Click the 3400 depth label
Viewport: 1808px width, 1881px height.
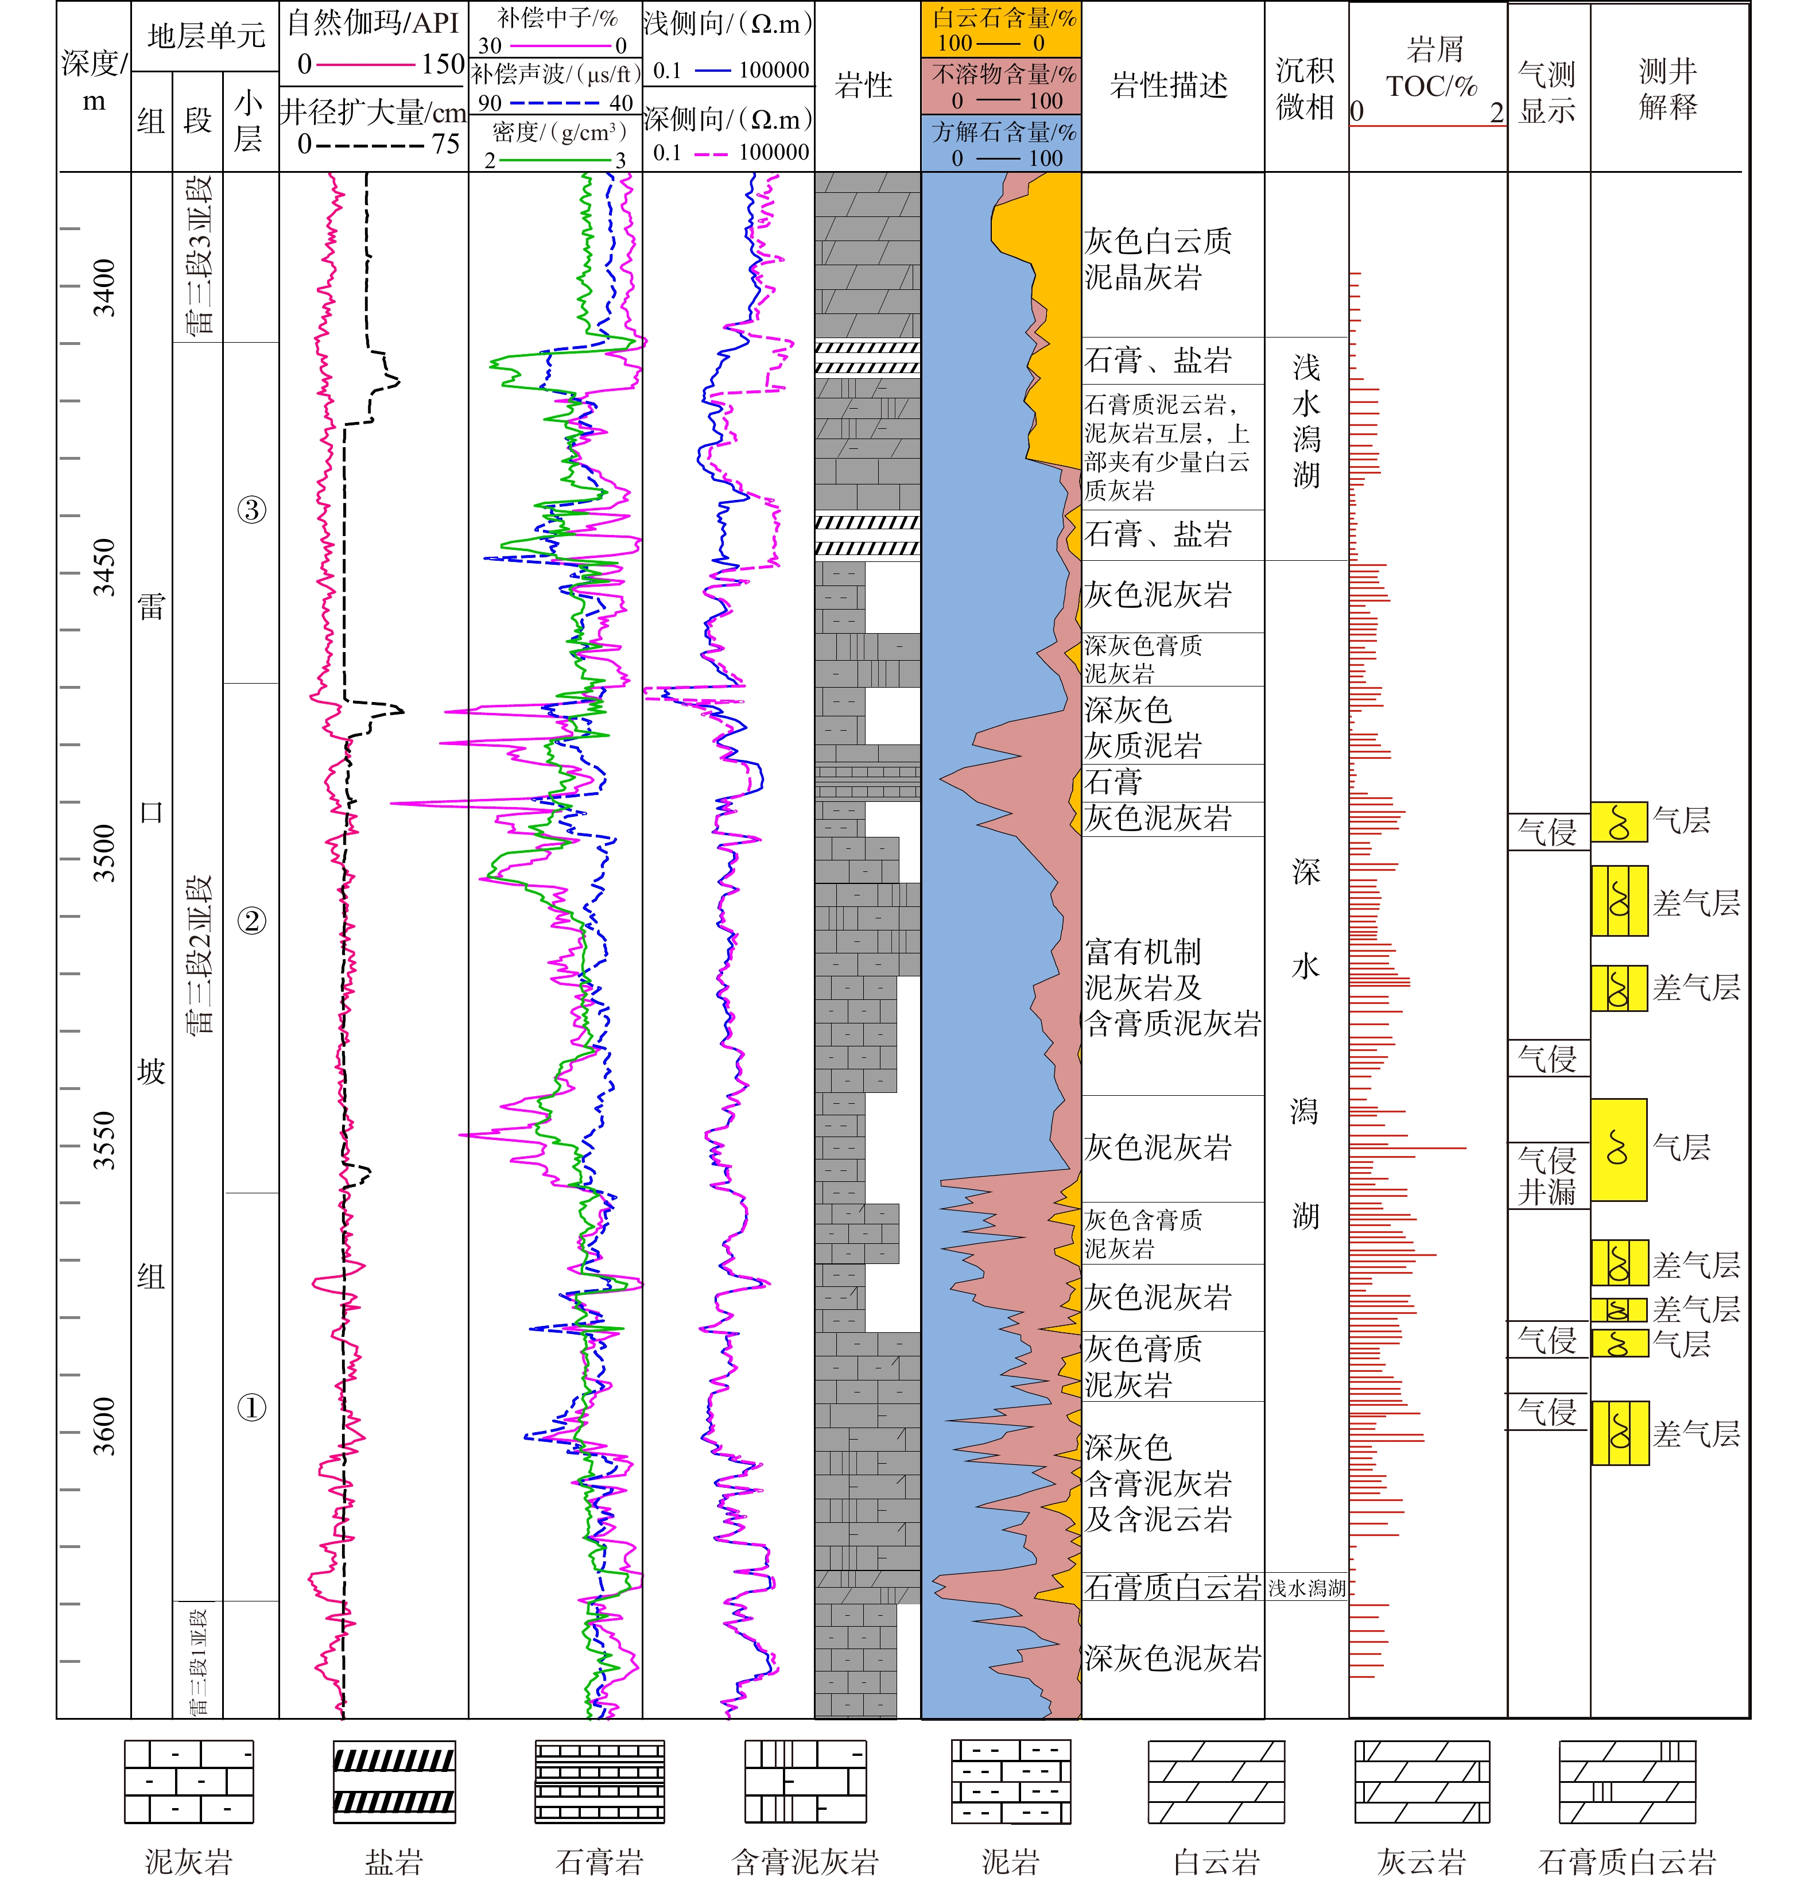(x=104, y=287)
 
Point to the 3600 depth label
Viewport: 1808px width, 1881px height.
(x=104, y=1426)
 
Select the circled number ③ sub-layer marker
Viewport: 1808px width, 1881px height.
(x=251, y=510)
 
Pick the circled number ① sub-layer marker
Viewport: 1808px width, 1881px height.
(x=251, y=1408)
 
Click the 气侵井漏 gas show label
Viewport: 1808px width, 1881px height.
(x=1547, y=1176)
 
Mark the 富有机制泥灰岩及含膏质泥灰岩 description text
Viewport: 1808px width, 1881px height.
(x=1171, y=987)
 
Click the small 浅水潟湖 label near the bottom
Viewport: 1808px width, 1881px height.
(x=1306, y=1588)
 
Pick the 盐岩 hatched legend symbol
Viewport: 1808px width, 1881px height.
(x=394, y=1781)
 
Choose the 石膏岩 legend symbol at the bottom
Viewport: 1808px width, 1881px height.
(x=600, y=1781)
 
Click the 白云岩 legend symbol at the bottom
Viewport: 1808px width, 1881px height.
(x=1216, y=1781)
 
